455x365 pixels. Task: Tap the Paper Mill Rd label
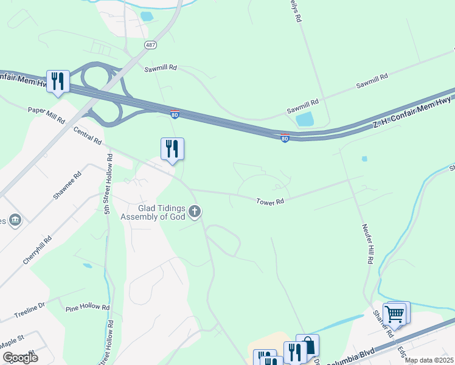(46, 115)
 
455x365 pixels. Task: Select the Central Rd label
(87, 135)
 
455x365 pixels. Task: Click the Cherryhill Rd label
(38, 249)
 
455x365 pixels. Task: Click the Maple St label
(12, 339)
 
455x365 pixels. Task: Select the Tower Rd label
(270, 201)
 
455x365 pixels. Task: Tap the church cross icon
(195, 212)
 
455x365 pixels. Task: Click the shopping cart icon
(395, 314)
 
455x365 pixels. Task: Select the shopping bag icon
(308, 346)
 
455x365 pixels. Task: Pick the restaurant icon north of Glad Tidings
(172, 148)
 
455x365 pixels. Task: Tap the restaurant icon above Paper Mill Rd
(58, 81)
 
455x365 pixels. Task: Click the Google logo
(19, 358)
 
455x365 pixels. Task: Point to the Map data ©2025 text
(428, 360)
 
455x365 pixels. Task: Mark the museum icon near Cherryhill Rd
(15, 219)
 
